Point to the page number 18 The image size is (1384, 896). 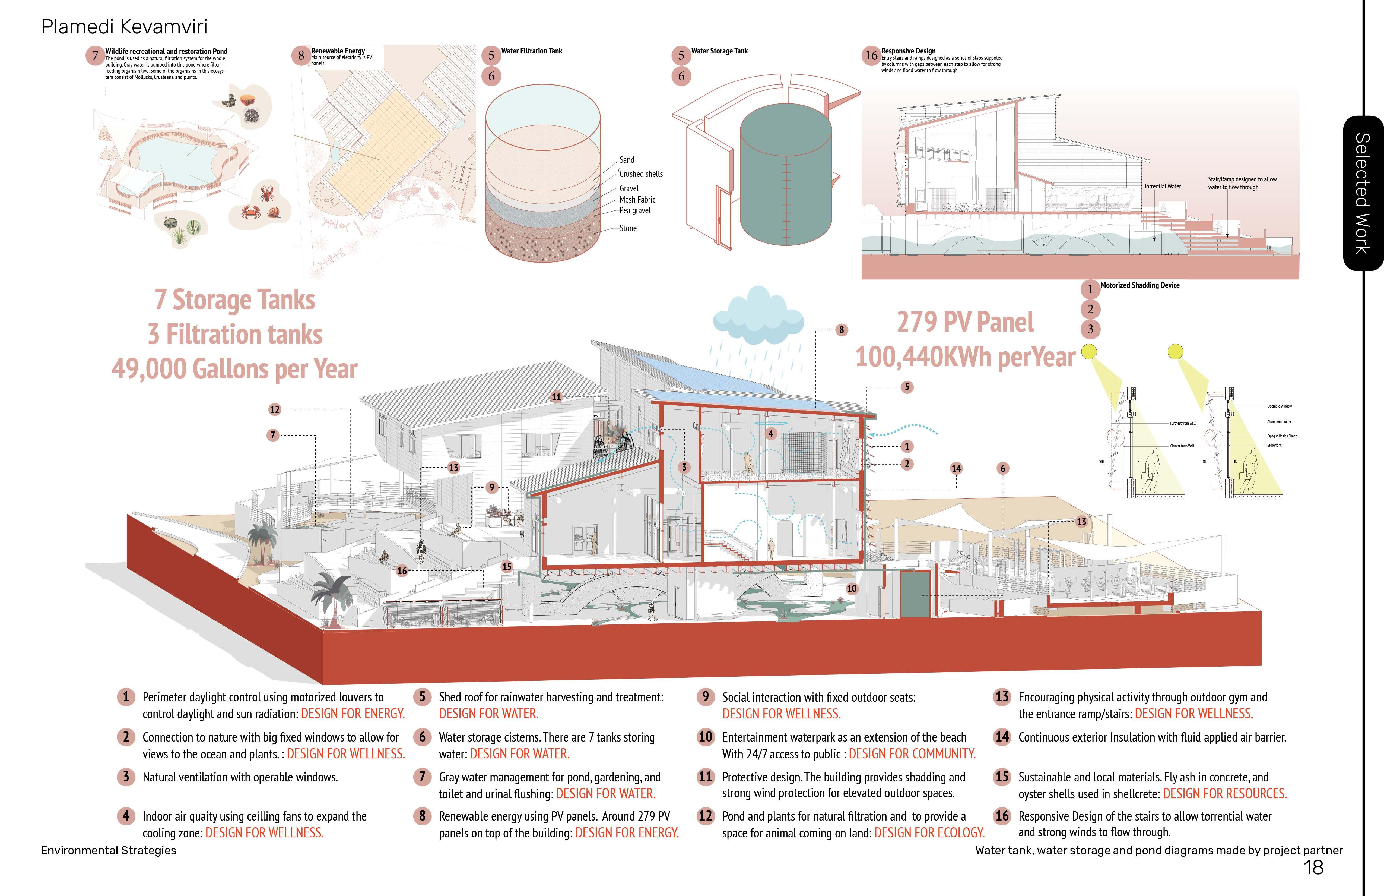coord(1314,867)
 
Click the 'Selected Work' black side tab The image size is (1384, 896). coord(1363,193)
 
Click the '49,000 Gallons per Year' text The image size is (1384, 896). coord(234,369)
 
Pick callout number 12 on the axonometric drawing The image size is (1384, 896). coord(274,410)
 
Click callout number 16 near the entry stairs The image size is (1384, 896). coord(402,571)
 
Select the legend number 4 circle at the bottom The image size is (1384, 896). coord(126,816)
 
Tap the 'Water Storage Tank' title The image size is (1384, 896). coord(719,51)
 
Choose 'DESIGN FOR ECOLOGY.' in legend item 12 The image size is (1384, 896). coord(929,832)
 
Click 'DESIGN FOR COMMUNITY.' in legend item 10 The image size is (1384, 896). coord(912,753)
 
